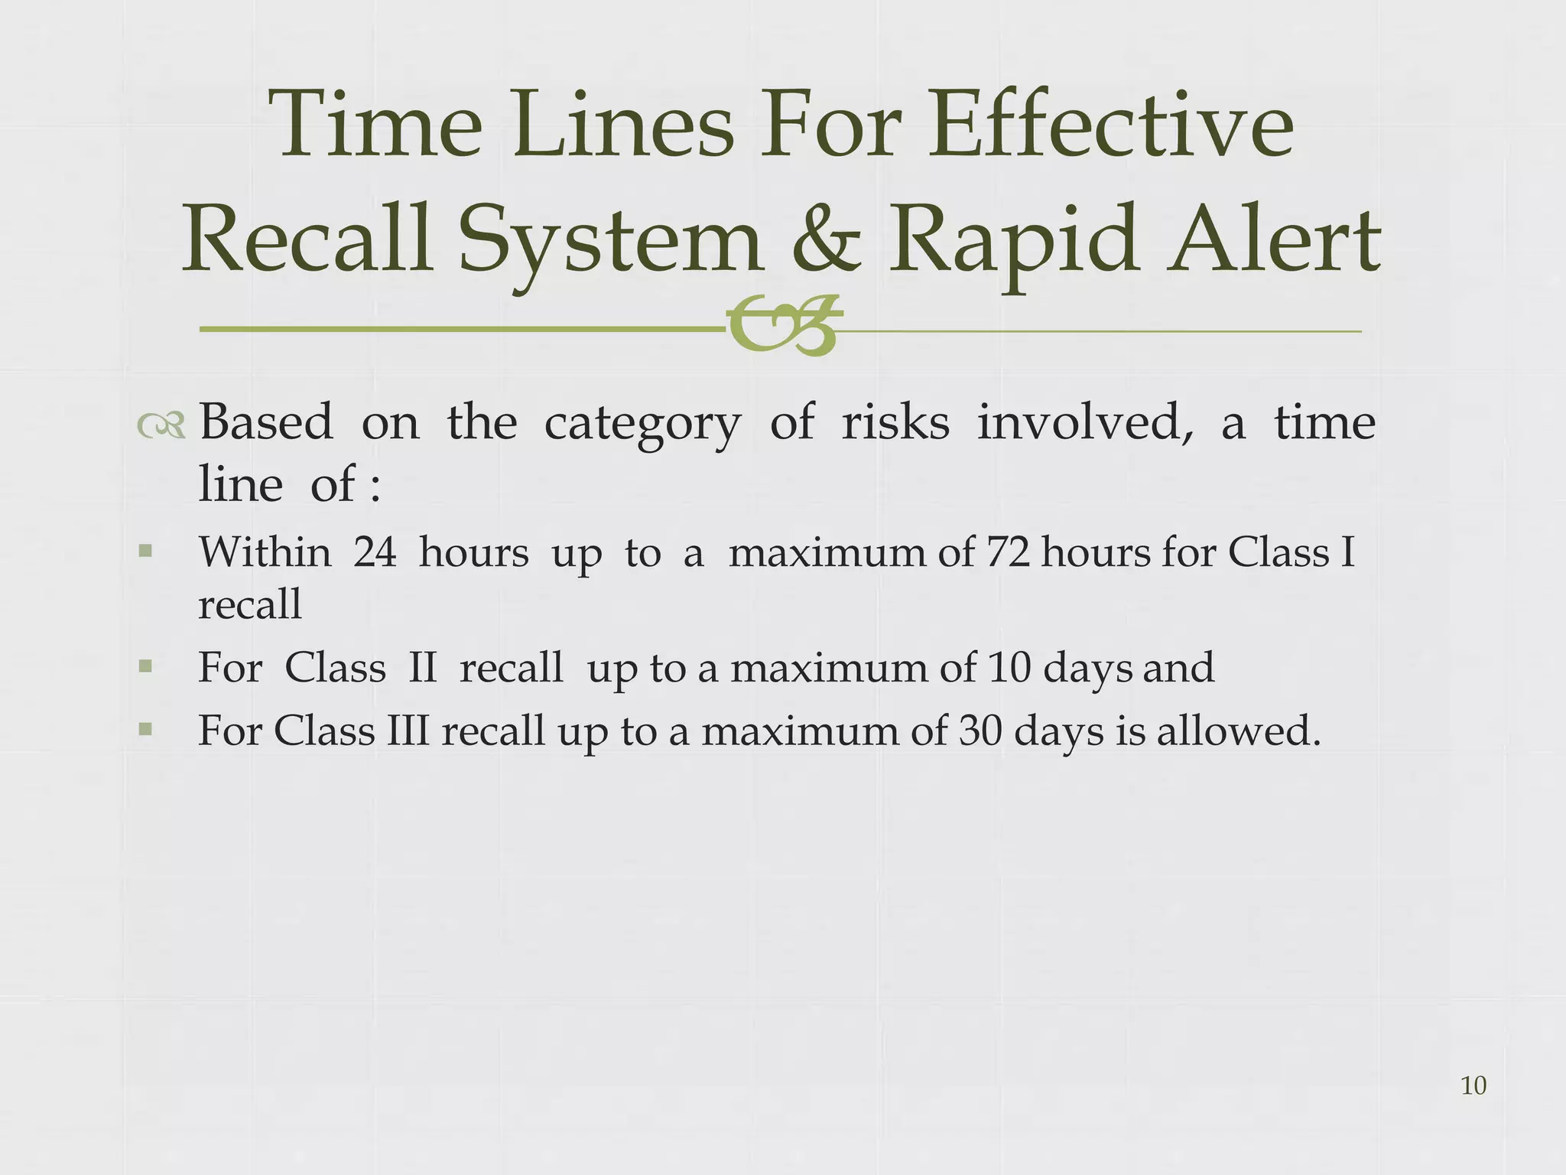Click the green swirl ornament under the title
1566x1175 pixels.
click(784, 327)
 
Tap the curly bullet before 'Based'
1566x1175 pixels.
click(161, 426)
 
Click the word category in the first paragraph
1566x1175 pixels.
click(642, 425)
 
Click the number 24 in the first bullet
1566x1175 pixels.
click(375, 552)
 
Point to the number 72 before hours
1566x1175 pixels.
click(1009, 552)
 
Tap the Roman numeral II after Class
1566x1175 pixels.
click(423, 668)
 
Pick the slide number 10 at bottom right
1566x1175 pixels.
click(1473, 1085)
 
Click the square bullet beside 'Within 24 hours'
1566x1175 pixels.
click(145, 551)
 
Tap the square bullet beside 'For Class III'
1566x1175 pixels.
click(145, 730)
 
